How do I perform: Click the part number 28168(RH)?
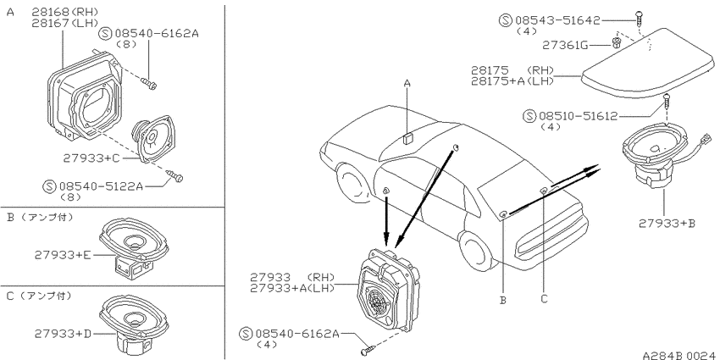click(x=65, y=12)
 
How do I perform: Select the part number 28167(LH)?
click(x=65, y=23)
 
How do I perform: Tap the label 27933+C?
click(x=91, y=158)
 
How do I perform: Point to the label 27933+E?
click(x=63, y=254)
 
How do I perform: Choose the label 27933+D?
click(x=63, y=334)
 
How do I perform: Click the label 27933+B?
click(x=667, y=224)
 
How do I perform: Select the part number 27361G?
click(x=565, y=45)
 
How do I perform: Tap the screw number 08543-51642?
click(x=557, y=20)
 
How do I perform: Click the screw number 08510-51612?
click(x=578, y=116)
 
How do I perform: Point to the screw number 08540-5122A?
click(x=101, y=186)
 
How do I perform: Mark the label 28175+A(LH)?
click(x=512, y=80)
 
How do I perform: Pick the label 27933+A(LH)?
click(x=292, y=288)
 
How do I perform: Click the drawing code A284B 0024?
click(x=679, y=356)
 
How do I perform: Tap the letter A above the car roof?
click(x=407, y=84)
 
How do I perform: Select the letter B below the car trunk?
click(x=503, y=301)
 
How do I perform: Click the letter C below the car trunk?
click(x=544, y=299)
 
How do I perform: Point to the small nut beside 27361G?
click(x=616, y=43)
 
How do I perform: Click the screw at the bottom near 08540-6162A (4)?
click(x=368, y=350)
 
